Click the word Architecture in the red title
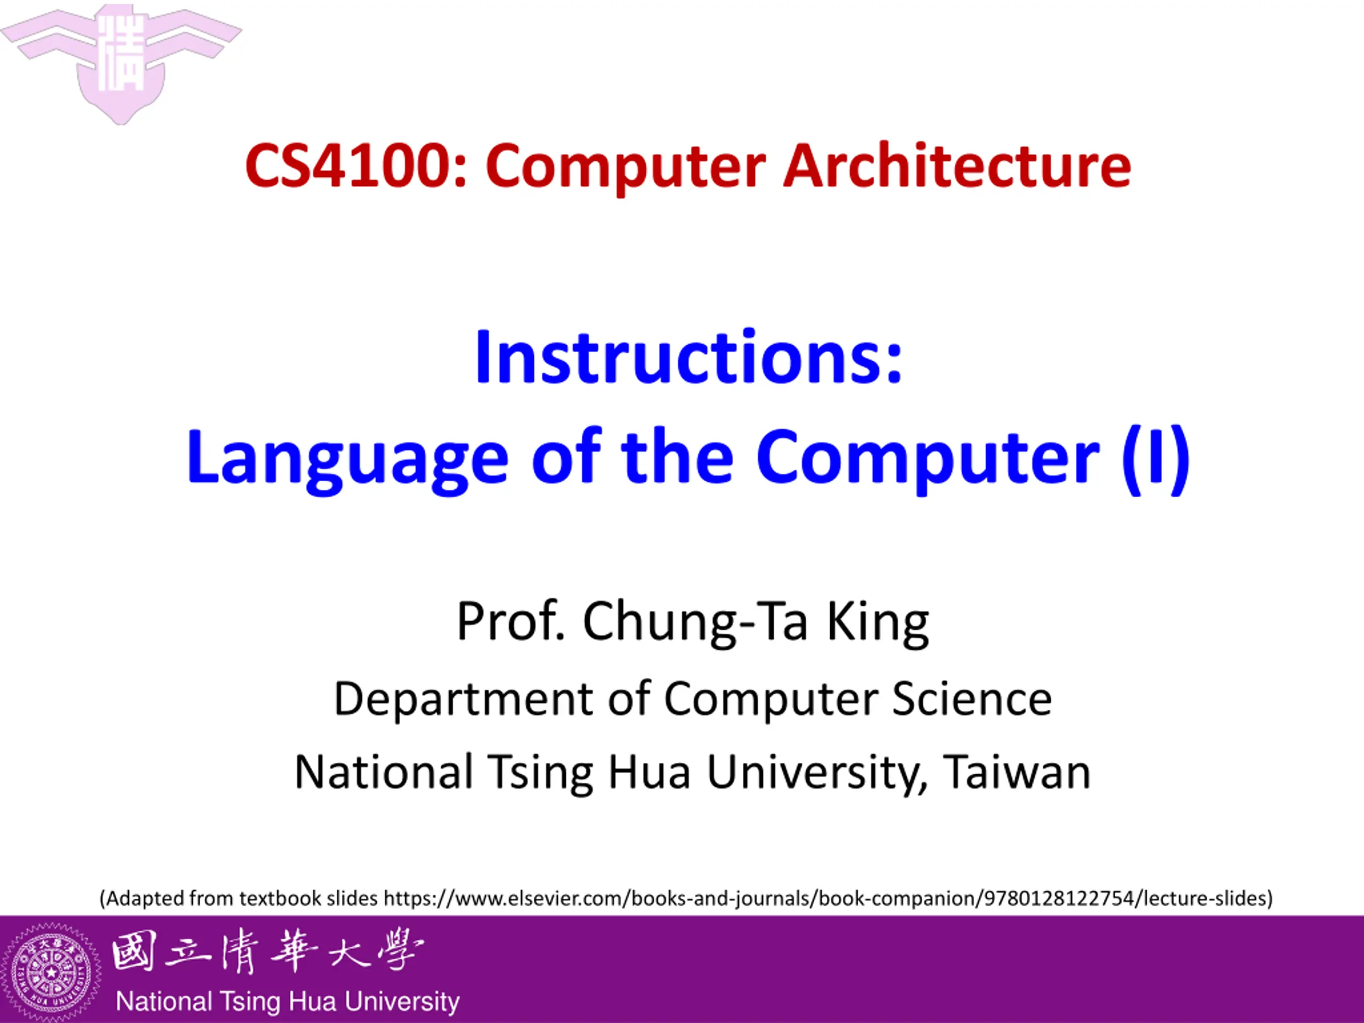[957, 165]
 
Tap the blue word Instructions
[679, 358]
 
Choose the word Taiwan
[1018, 772]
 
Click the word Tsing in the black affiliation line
[541, 773]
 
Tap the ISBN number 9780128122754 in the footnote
[1059, 898]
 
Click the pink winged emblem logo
[121, 62]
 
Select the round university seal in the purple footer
[51, 972]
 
